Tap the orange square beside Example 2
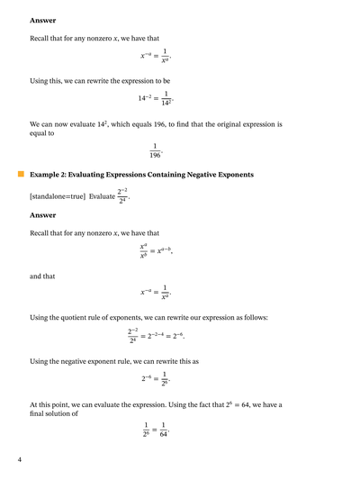pyautogui.click(x=20, y=174)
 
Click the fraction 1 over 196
pyautogui.click(x=155, y=149)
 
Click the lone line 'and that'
pyautogui.click(x=42, y=276)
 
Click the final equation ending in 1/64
pyautogui.click(x=156, y=430)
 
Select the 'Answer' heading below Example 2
pyautogui.click(x=42, y=214)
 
